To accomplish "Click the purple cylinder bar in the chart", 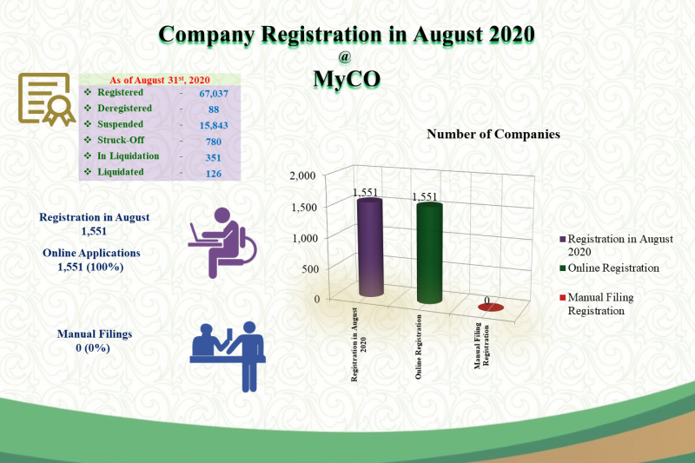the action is click(370, 248).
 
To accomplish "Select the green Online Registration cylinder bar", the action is click(429, 253).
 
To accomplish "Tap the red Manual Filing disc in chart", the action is click(491, 307).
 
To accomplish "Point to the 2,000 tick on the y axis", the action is click(302, 175).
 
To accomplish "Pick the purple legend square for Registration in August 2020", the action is click(563, 239).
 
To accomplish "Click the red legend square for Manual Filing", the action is click(563, 297).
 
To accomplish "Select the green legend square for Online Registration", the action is click(563, 268).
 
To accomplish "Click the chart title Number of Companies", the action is click(493, 135).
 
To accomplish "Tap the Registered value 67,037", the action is click(214, 94).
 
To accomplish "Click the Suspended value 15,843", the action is click(214, 125).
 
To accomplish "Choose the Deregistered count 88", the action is click(214, 109).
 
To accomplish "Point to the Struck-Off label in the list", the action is click(121, 140).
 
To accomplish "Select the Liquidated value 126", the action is click(214, 174).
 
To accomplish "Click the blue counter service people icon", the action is click(228, 356).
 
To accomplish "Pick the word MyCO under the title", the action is click(347, 79).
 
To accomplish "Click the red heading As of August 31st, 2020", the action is click(160, 80).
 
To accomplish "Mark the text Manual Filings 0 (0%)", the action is click(95, 341).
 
